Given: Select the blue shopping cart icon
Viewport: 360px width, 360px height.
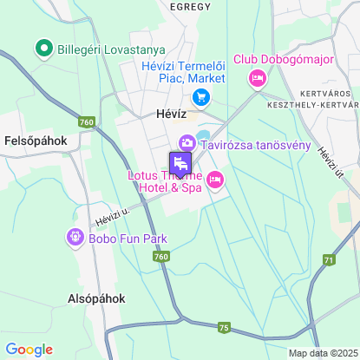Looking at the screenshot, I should coord(201,97).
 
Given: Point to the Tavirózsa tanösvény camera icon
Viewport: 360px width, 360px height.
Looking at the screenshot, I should coord(187,143).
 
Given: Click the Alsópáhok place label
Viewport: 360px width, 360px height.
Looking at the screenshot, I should coord(96,298).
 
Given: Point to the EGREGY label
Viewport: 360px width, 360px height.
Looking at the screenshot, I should coord(191,7).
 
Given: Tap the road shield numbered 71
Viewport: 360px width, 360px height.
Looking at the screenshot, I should coord(328,259).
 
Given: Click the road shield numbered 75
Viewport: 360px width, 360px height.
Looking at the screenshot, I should coord(224,327).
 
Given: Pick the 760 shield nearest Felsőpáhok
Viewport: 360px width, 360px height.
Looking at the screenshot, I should coord(86,122).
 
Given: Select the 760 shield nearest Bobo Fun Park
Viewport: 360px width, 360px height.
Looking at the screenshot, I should coord(160,257).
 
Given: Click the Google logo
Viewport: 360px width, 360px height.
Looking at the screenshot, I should coord(29,350).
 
